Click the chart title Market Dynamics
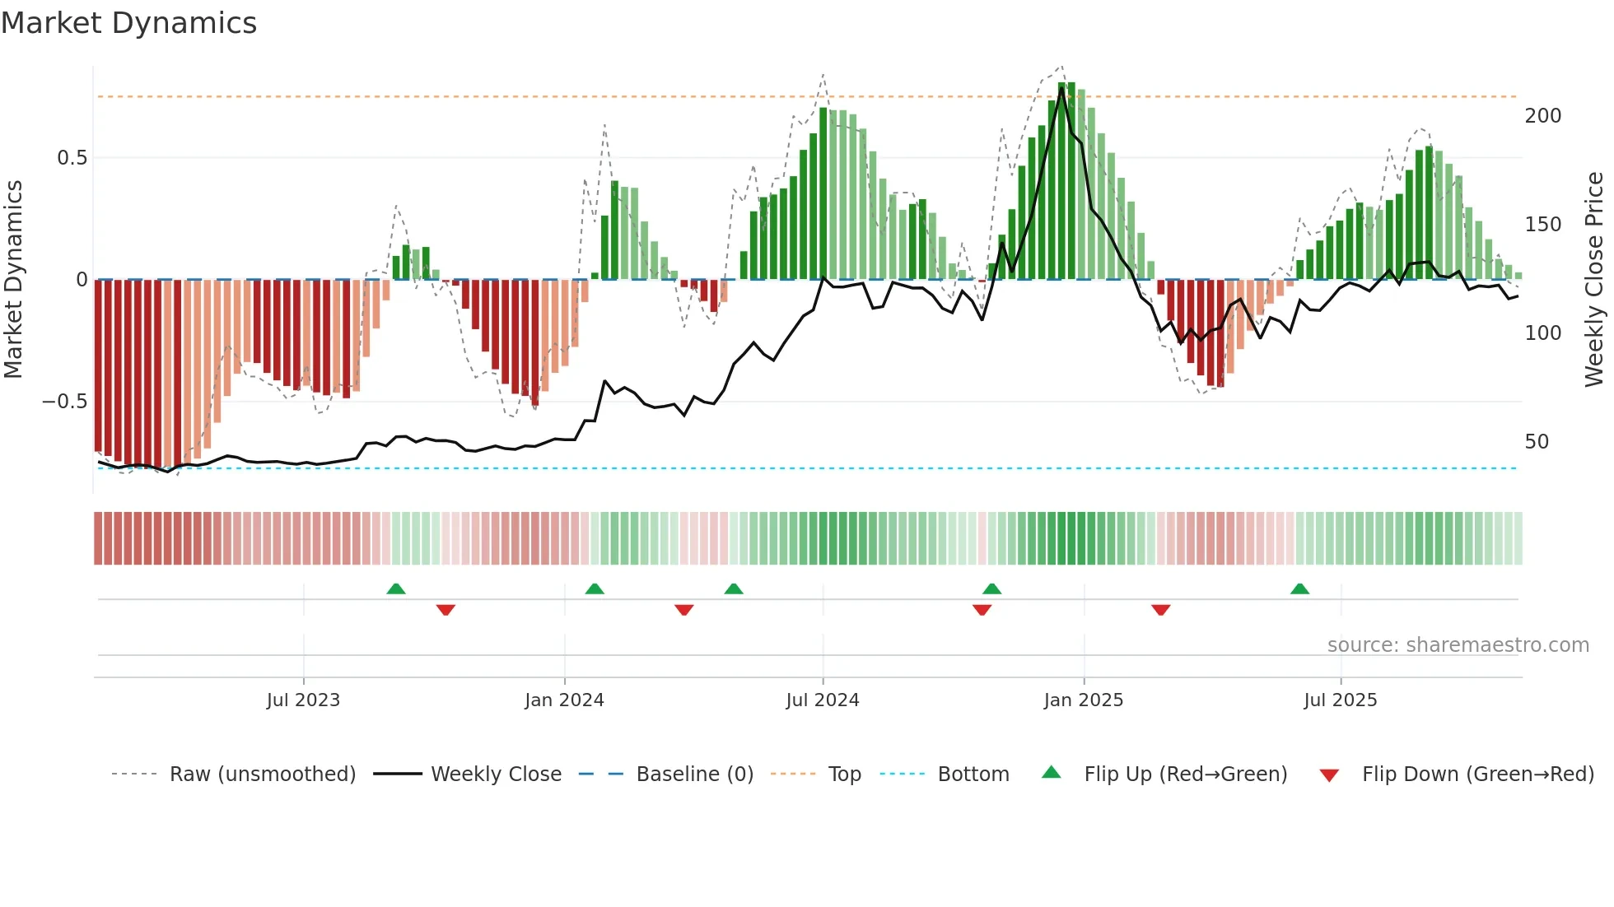pyautogui.click(x=128, y=23)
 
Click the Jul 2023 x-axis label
pyautogui.click(x=303, y=700)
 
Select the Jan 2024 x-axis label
pyautogui.click(x=564, y=700)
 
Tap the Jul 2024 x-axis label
pyautogui.click(x=822, y=700)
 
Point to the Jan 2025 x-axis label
pyautogui.click(x=1083, y=700)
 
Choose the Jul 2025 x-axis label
pyautogui.click(x=1340, y=700)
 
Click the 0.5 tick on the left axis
pyautogui.click(x=72, y=158)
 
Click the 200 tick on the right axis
pyautogui.click(x=1542, y=116)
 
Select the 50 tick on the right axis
pyautogui.click(x=1537, y=442)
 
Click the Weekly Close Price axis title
pyautogui.click(x=1594, y=280)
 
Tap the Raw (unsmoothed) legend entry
pyautogui.click(x=262, y=774)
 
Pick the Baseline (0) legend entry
pyautogui.click(x=694, y=774)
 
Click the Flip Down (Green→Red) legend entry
pyautogui.click(x=1477, y=774)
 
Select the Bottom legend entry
pyautogui.click(x=973, y=774)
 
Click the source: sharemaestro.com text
pyautogui.click(x=1458, y=645)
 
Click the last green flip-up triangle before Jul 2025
pyautogui.click(x=1299, y=588)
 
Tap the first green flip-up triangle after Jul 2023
pyautogui.click(x=396, y=588)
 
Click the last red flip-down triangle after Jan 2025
pyautogui.click(x=1160, y=610)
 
